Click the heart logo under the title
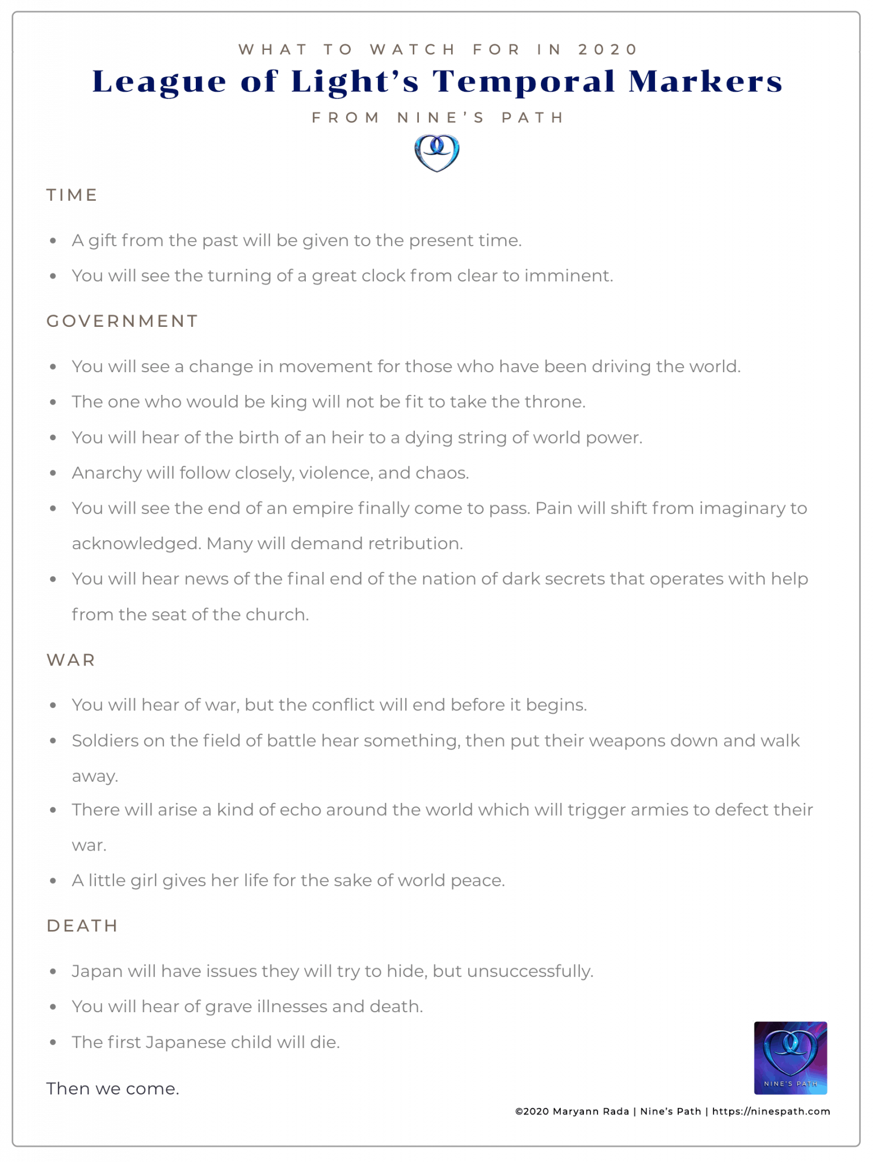[x=436, y=153]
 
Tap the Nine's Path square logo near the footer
[x=790, y=1058]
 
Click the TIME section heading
[x=72, y=195]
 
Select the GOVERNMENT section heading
[x=122, y=321]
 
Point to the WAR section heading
[x=71, y=660]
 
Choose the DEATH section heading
[x=82, y=925]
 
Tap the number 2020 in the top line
[x=608, y=49]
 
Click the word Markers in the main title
[x=705, y=81]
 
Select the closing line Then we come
[x=112, y=1088]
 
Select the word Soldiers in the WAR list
[x=105, y=740]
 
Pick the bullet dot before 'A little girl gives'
[x=53, y=881]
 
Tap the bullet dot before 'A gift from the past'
[x=53, y=241]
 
